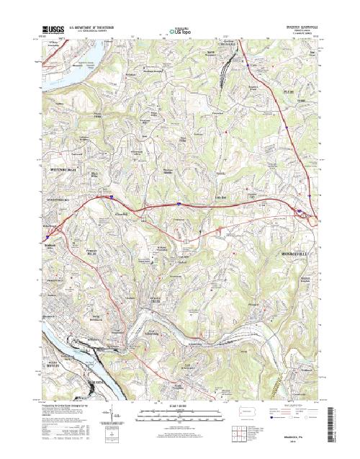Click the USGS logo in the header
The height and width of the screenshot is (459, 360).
point(53,30)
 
